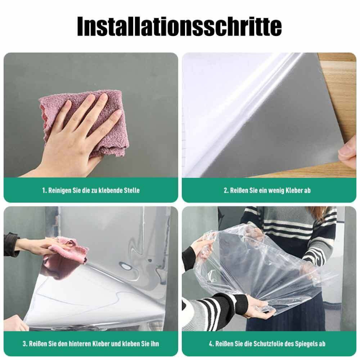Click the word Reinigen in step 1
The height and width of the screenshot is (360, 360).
click(x=59, y=190)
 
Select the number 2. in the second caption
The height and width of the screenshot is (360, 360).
click(x=226, y=190)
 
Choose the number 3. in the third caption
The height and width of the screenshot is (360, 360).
click(x=25, y=343)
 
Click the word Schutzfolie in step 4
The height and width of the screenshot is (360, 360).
click(x=261, y=343)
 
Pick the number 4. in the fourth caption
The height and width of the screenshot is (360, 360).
click(x=211, y=343)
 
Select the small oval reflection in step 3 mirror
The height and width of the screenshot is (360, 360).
click(x=126, y=267)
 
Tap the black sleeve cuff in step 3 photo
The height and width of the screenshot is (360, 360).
click(x=11, y=244)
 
